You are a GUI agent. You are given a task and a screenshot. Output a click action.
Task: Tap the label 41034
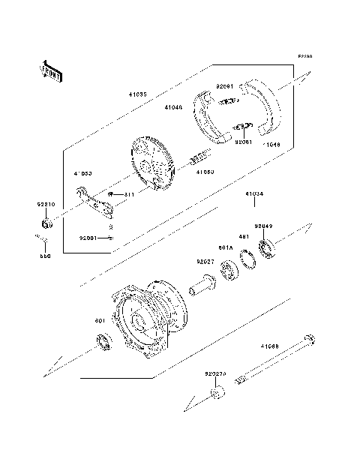click(x=253, y=193)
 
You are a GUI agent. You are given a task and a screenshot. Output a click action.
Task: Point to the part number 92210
click(x=46, y=204)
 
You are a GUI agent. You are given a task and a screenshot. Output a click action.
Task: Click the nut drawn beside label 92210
click(x=46, y=223)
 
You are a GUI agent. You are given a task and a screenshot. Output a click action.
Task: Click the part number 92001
click(x=88, y=237)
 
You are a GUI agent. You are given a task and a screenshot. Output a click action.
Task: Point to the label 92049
click(x=262, y=225)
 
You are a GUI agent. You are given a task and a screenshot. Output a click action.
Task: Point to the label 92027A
click(x=215, y=372)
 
